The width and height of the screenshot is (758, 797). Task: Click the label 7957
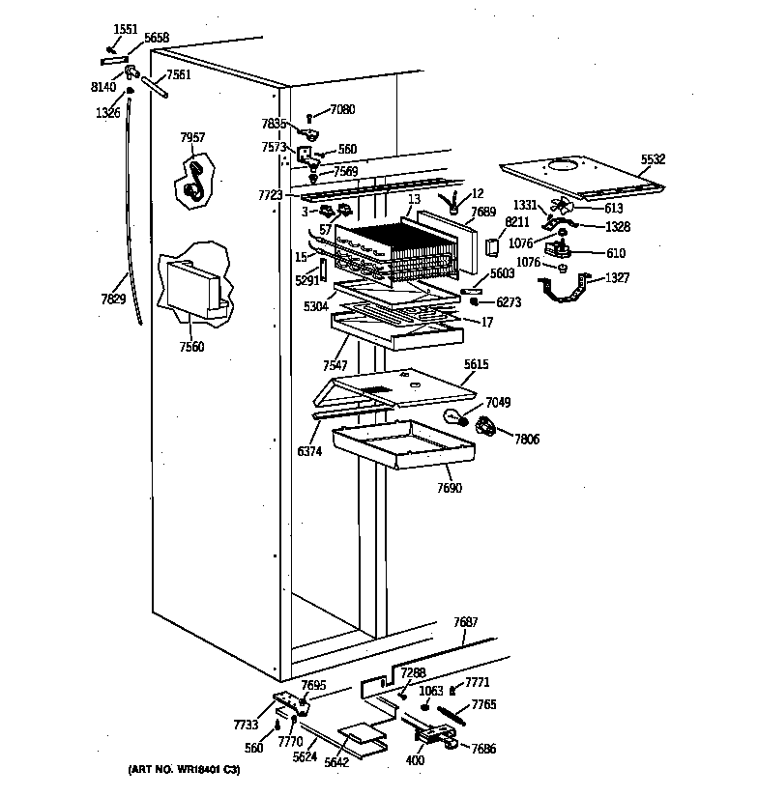192,138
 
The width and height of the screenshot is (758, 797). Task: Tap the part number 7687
466,623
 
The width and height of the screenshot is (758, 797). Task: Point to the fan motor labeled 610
559,253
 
